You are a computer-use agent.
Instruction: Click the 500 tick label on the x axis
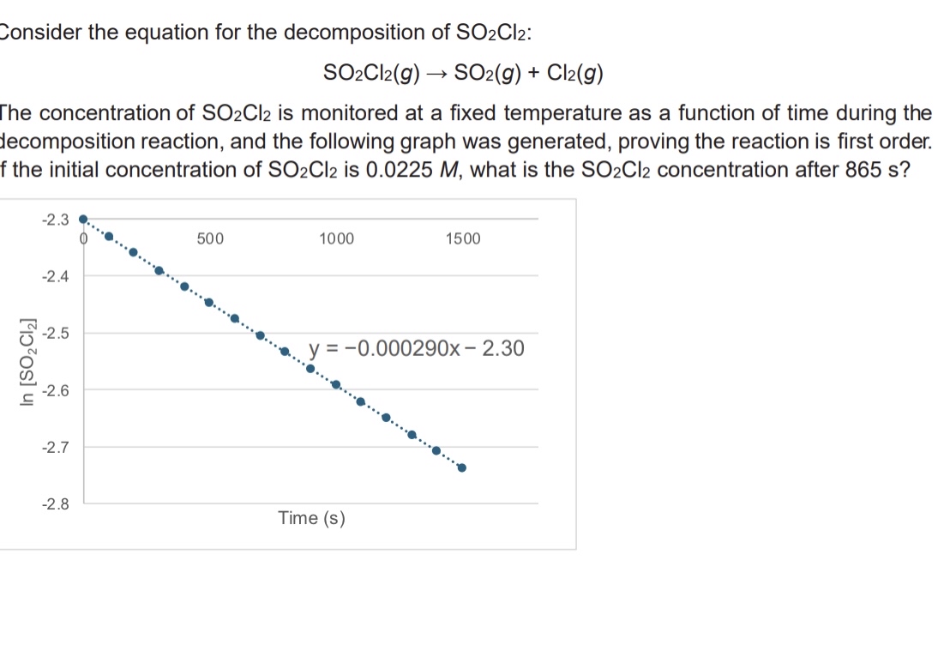(x=210, y=238)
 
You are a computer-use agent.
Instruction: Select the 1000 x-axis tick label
(x=336, y=238)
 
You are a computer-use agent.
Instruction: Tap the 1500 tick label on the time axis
(x=463, y=238)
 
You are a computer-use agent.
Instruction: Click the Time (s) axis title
(x=311, y=518)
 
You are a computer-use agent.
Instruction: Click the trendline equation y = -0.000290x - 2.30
(x=417, y=349)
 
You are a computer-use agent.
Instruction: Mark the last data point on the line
(x=462, y=467)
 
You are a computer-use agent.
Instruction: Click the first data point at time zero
(x=82, y=219)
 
